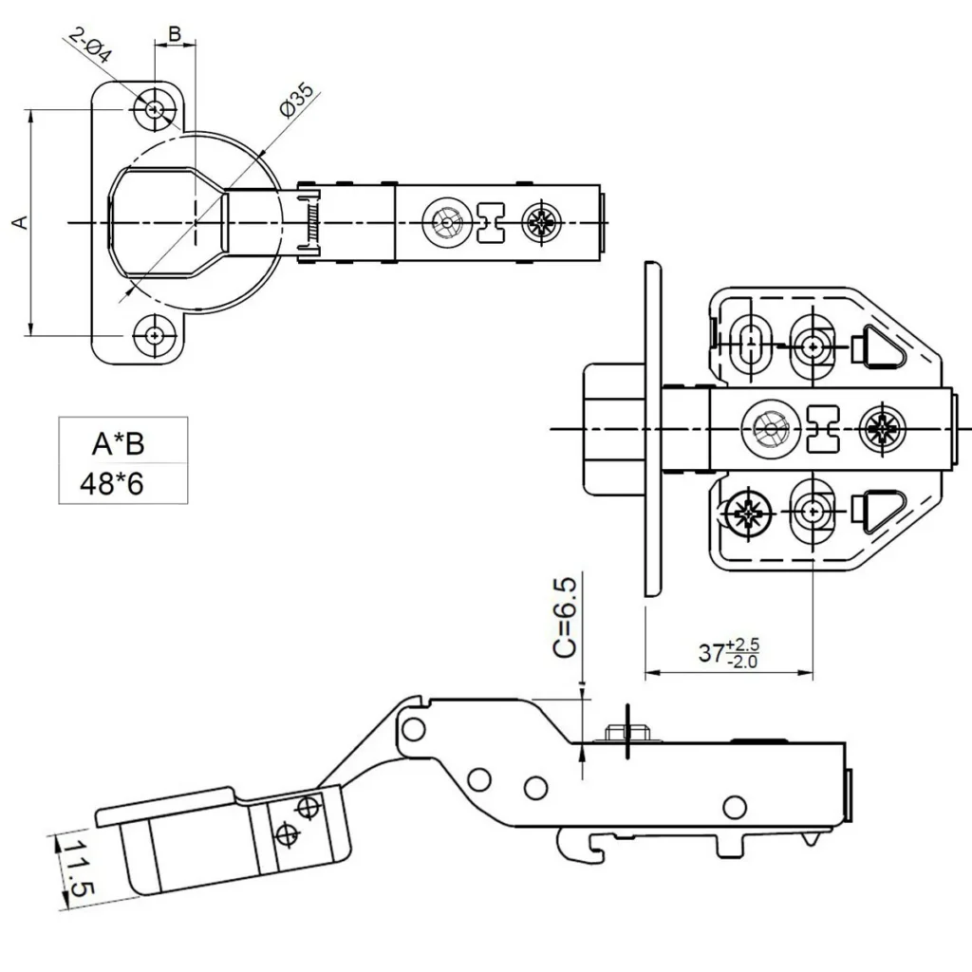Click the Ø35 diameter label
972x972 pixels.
click(297, 101)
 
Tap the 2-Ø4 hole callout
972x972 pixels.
click(90, 46)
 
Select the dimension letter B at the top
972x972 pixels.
click(175, 33)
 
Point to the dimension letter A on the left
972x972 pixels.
click(21, 222)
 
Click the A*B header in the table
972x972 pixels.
click(118, 444)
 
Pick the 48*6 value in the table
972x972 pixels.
click(112, 483)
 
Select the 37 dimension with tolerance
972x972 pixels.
click(728, 653)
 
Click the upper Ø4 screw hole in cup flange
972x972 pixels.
click(155, 110)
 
